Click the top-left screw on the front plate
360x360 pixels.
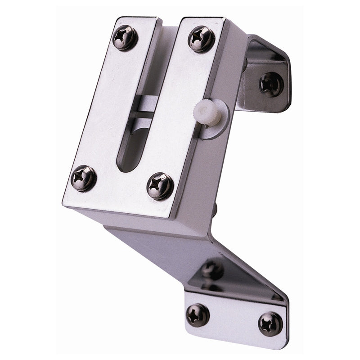125,38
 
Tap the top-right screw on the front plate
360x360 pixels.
201,39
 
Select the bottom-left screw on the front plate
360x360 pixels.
84,178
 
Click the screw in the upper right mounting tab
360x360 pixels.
271,84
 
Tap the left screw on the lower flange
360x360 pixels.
198,314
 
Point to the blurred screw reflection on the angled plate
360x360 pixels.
211,270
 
